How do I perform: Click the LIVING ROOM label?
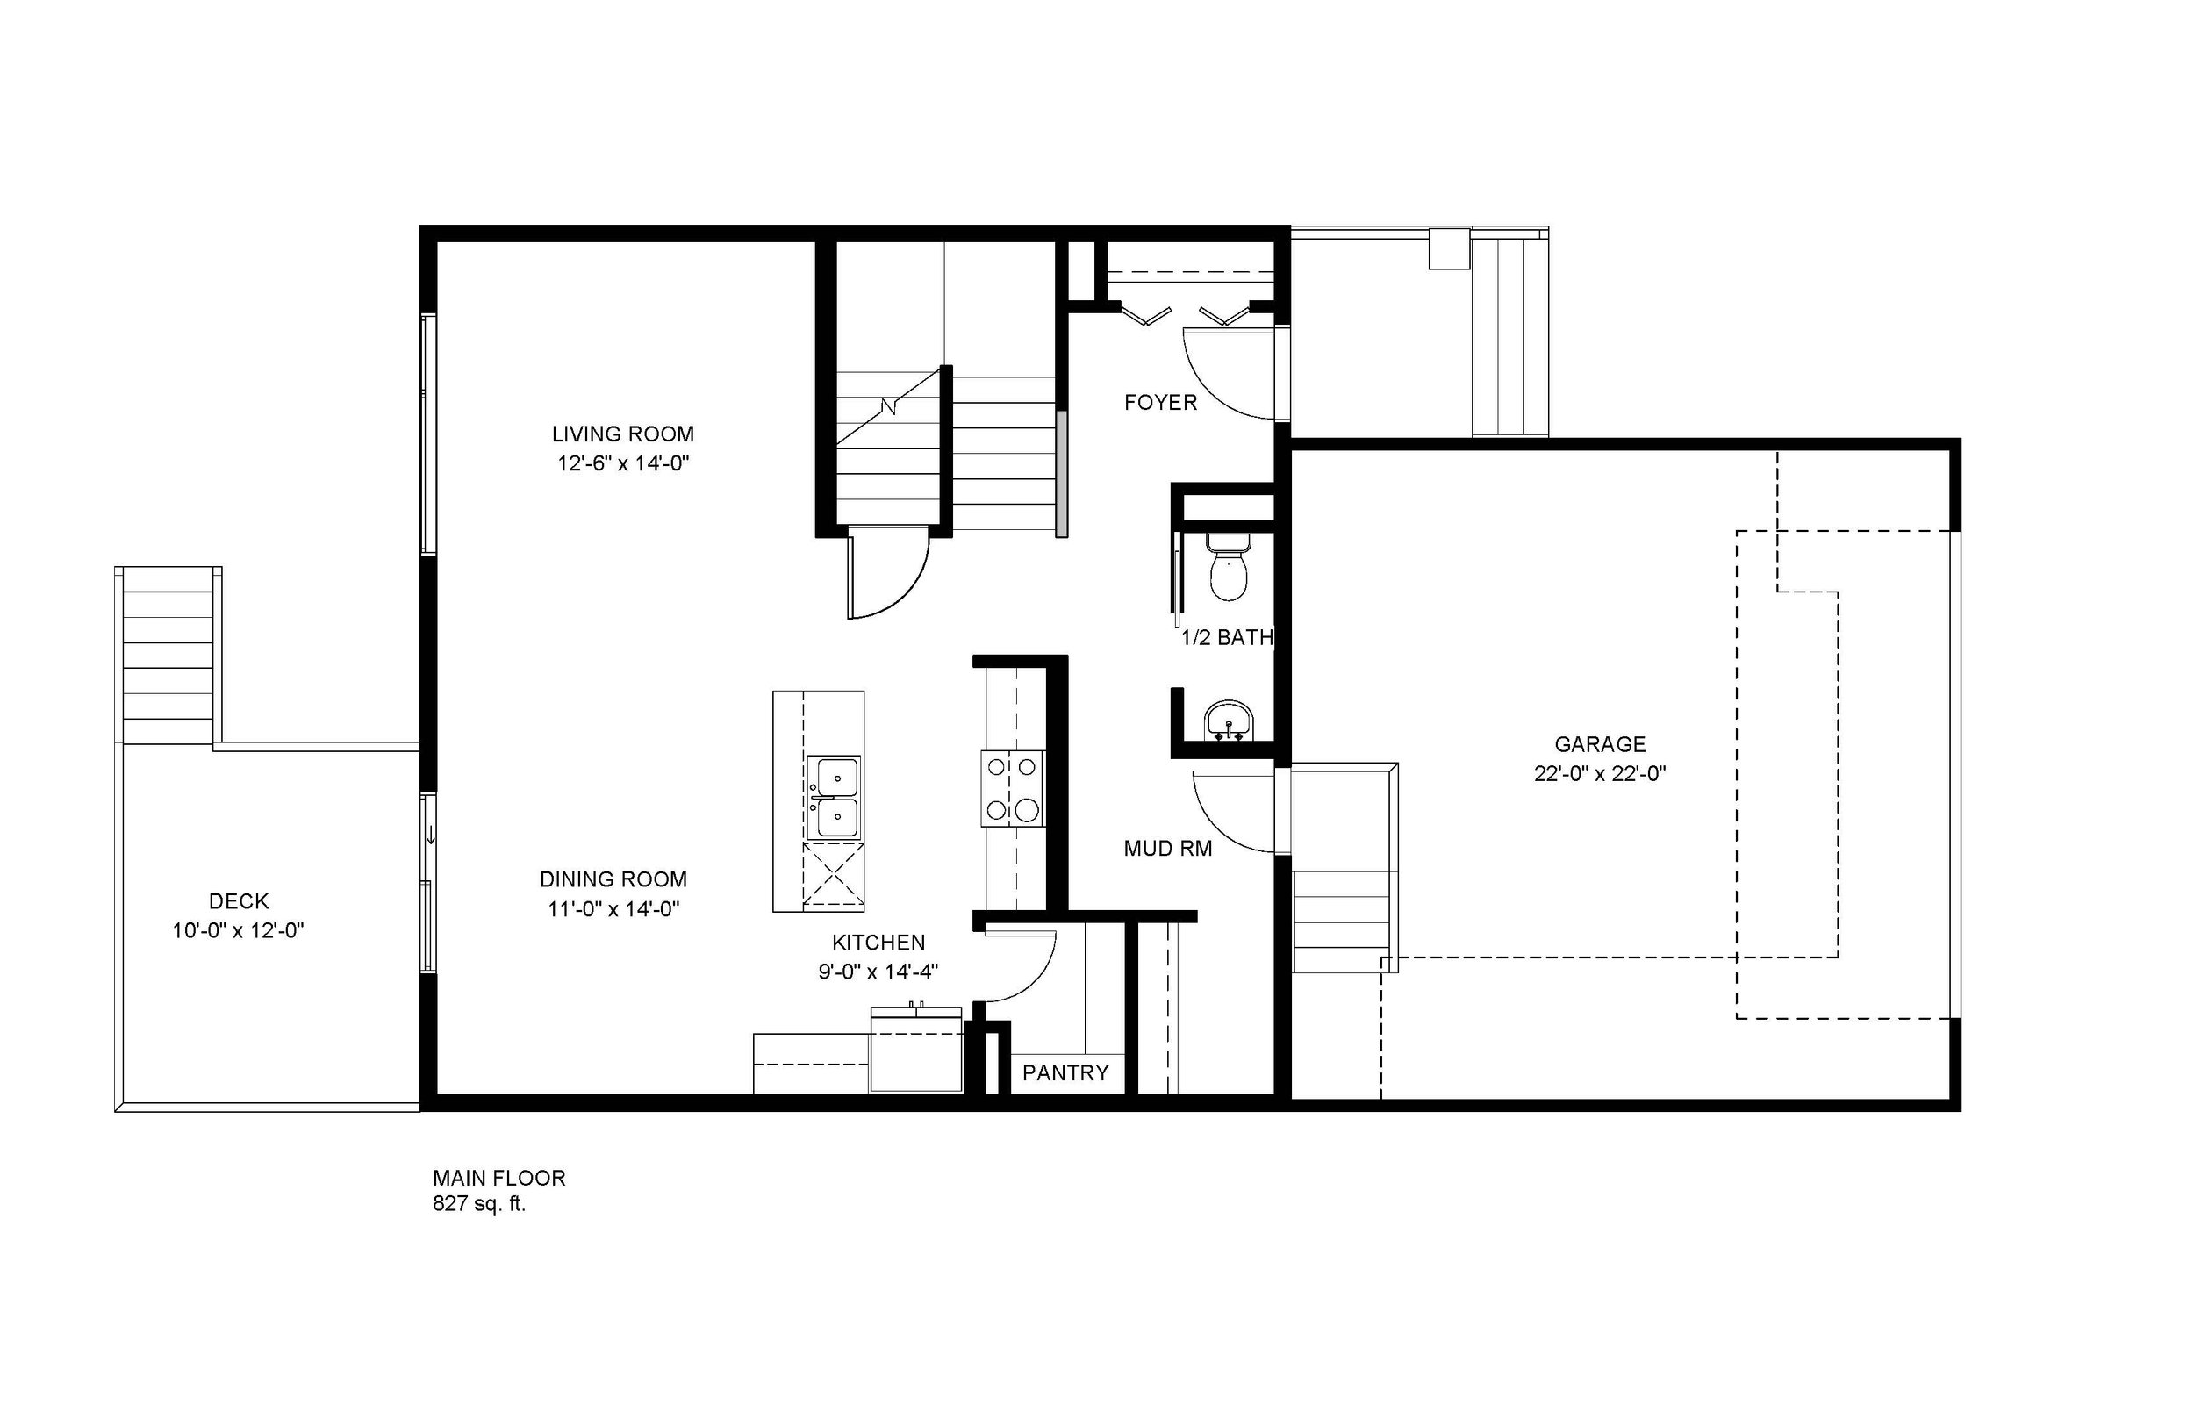point(622,434)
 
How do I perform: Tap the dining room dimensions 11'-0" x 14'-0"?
point(613,909)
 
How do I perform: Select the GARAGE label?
point(1599,744)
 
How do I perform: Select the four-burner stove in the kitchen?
point(1011,788)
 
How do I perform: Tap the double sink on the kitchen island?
point(833,798)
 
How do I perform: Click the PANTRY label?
point(1065,1072)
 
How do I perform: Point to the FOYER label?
point(1159,403)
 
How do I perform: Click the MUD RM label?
point(1167,850)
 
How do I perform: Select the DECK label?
point(239,900)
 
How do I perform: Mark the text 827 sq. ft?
point(478,1204)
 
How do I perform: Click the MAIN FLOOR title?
point(498,1178)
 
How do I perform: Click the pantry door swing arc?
point(1023,968)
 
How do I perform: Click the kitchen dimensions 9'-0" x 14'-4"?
point(878,971)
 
